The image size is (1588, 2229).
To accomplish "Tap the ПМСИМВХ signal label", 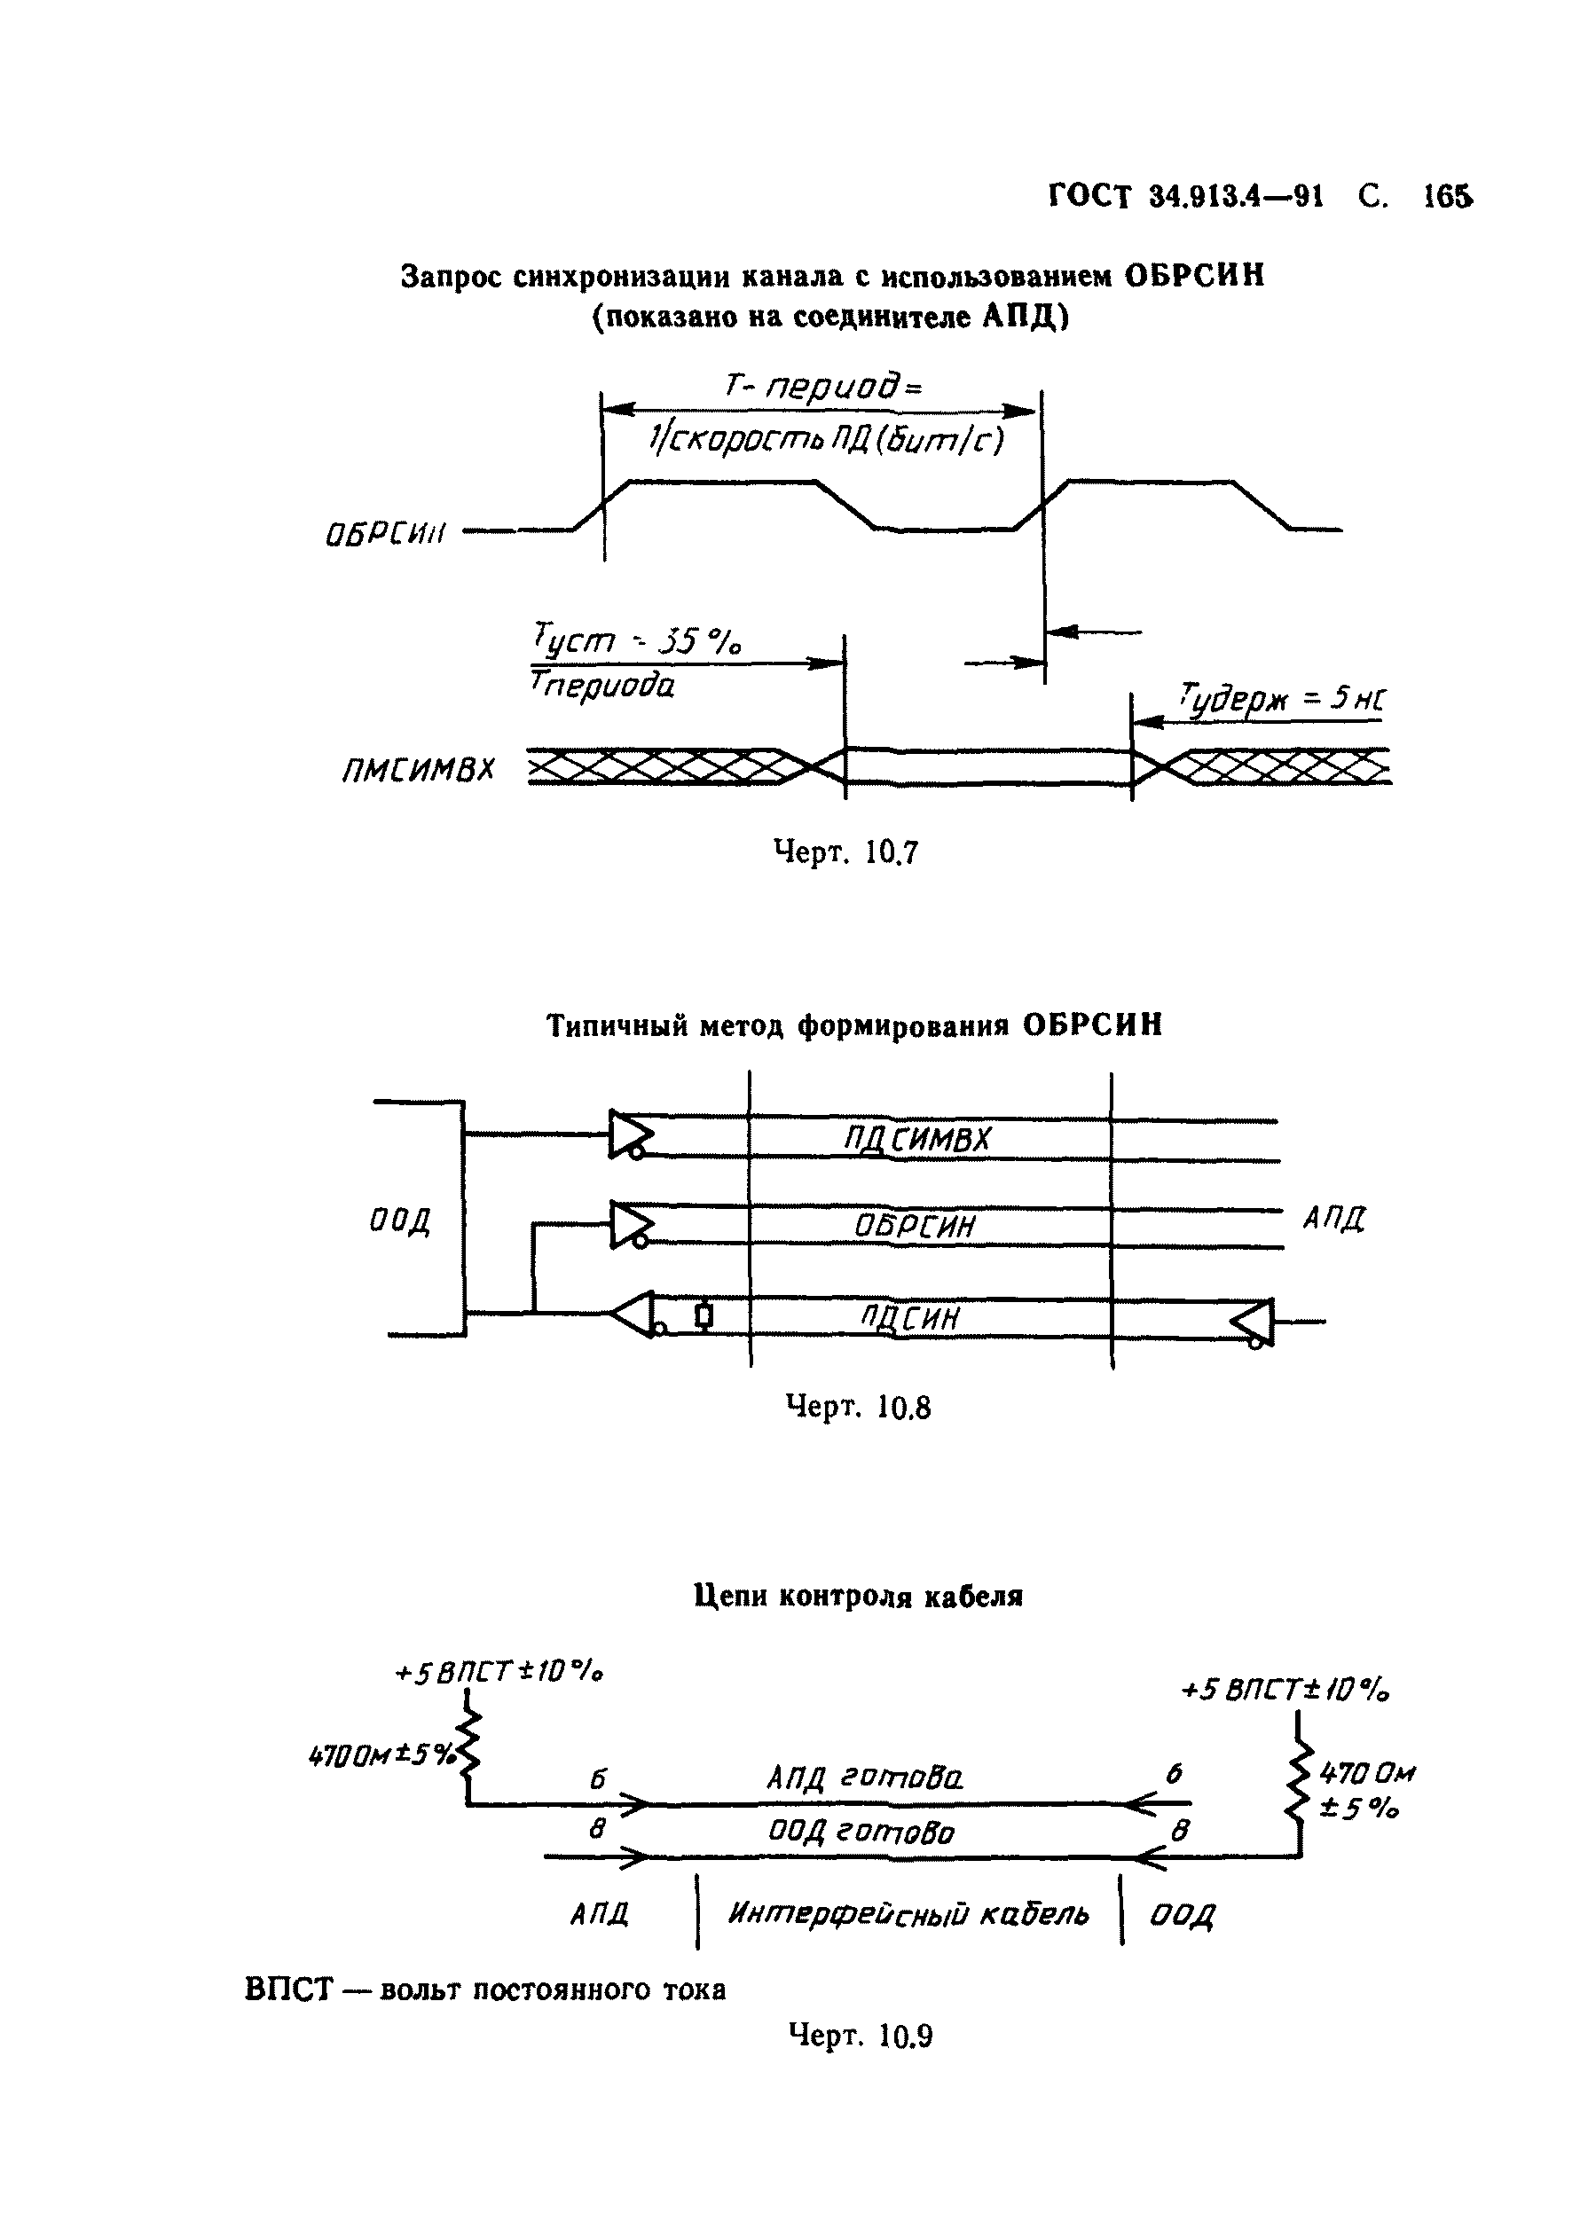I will pos(418,772).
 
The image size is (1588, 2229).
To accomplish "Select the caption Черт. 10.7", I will pos(845,853).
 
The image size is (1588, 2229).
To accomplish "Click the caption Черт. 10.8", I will pos(859,1408).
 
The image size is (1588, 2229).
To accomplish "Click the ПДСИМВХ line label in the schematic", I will pos(917,1139).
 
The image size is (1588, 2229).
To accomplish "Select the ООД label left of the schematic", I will pos(400,1221).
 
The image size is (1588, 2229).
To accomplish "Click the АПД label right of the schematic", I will pos(1333,1219).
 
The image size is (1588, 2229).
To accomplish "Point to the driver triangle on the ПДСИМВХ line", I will pos(630,1134).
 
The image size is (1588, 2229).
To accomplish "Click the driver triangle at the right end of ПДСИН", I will pos(1254,1322).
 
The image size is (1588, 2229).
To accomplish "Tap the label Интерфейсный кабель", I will pos(908,1913).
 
